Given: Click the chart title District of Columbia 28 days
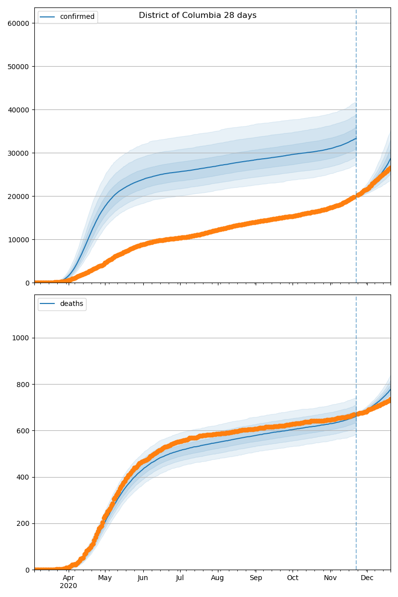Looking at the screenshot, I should coord(198,15).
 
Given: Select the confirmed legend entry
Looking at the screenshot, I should coord(77,17).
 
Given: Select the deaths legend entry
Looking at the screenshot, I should coord(71,304).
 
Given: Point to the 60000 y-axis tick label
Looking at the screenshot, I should coord(18,23).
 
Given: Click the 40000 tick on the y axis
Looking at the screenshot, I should coord(18,109).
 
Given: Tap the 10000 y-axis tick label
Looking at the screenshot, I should coord(18,239).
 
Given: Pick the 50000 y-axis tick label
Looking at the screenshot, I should coord(18,66).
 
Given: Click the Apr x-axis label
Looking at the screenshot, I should coord(69,578).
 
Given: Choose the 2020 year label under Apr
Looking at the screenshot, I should coord(69,586).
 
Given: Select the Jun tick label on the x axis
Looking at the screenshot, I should coord(143,578).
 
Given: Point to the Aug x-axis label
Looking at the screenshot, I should coord(217,578).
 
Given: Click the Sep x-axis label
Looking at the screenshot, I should coord(255,578).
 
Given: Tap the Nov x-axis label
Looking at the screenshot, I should coord(330,578).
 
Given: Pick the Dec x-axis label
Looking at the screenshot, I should coord(367,578).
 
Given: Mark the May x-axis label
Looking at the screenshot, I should coord(105,578).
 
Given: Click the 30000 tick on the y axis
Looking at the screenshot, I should coord(18,153).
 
